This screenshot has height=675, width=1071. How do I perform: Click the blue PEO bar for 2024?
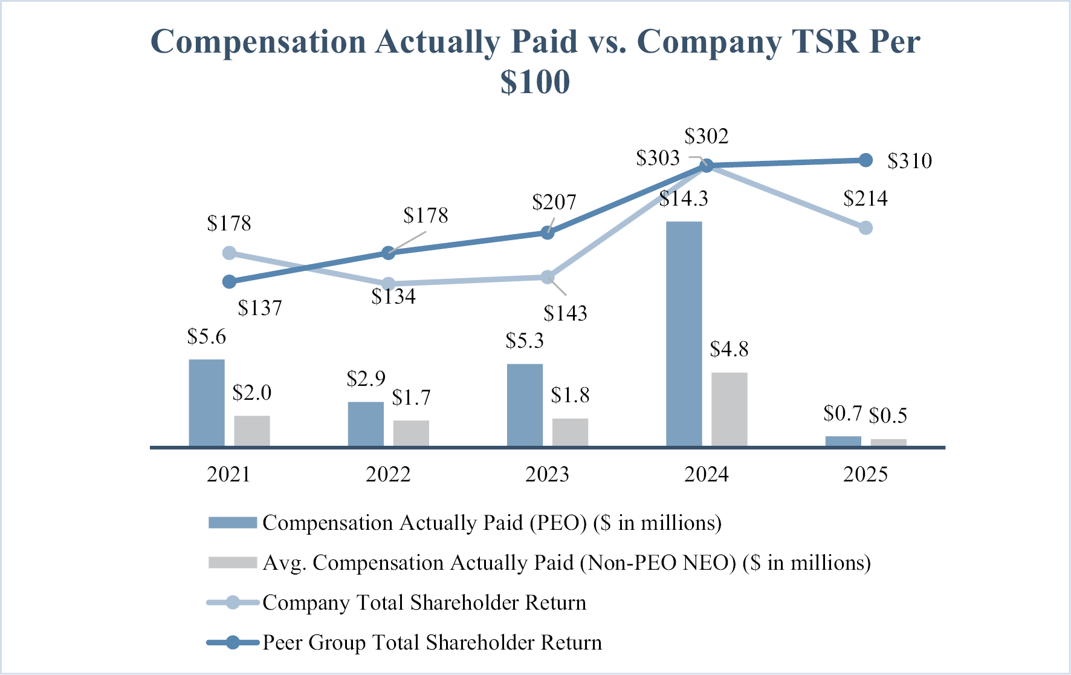point(684,334)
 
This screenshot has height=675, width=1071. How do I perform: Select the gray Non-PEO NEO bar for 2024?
point(730,409)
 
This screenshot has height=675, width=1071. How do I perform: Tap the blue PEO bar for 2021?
point(207,403)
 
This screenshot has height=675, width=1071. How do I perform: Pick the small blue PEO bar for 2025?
point(843,442)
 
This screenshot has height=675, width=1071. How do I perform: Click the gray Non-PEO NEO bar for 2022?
point(411,434)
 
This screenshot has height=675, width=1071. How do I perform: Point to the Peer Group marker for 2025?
point(866,160)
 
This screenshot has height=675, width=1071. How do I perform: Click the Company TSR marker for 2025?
point(866,228)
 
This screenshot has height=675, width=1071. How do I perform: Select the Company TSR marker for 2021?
point(229,253)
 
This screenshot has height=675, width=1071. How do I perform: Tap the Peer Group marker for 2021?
point(229,282)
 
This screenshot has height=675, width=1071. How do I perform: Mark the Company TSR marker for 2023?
point(547,277)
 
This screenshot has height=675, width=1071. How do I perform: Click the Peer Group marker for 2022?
point(389,253)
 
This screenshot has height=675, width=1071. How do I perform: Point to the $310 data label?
point(910,161)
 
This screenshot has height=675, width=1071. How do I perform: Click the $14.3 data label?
point(684,198)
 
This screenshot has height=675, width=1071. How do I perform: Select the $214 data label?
point(866,198)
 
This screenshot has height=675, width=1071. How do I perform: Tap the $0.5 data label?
point(888,416)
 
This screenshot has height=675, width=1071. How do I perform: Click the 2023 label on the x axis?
point(548,474)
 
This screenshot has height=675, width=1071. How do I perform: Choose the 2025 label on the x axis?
point(866,474)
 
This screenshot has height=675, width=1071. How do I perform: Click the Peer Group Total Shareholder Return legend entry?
point(404,642)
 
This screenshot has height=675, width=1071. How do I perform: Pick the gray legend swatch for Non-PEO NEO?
point(233,562)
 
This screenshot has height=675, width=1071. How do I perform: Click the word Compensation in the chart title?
point(258,42)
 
